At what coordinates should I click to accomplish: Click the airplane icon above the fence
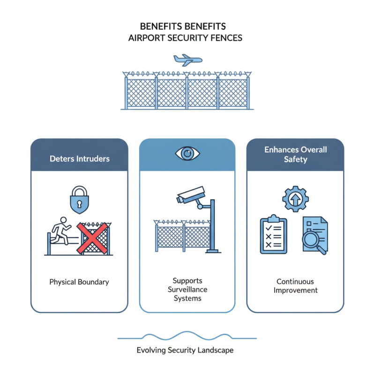pyautogui.click(x=187, y=60)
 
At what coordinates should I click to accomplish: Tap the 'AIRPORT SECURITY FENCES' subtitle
pyautogui.click(x=185, y=38)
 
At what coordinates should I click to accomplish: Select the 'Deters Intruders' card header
pyautogui.click(x=79, y=158)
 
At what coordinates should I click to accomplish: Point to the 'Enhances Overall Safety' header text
pyautogui.click(x=295, y=155)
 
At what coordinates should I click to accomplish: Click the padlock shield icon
pyautogui.click(x=79, y=199)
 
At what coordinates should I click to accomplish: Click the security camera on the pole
pyautogui.click(x=191, y=195)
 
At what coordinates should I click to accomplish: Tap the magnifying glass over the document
pyautogui.click(x=312, y=240)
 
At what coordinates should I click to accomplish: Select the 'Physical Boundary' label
pyautogui.click(x=79, y=282)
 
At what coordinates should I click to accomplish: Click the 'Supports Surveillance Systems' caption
pyautogui.click(x=187, y=289)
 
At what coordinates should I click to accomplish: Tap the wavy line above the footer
pyautogui.click(x=187, y=336)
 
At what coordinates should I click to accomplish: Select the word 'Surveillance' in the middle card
pyautogui.click(x=187, y=289)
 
